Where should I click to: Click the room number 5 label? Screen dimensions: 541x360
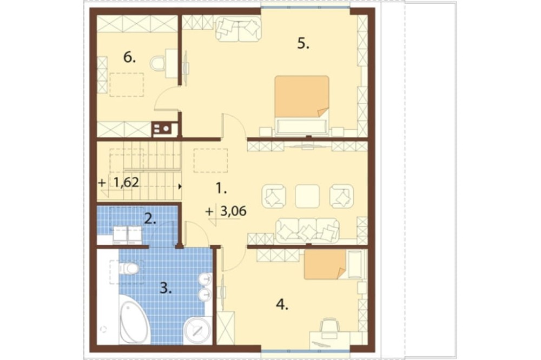303,44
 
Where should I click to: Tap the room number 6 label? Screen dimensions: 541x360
129,58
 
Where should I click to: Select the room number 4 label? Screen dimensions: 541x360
282,304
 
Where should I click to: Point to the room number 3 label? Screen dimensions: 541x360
166,288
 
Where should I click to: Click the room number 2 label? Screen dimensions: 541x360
150,218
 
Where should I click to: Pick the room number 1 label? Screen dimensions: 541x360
221,188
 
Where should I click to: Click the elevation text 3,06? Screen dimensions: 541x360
233,211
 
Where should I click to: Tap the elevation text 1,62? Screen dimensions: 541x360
126,182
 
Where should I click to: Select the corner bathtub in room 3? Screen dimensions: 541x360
135,322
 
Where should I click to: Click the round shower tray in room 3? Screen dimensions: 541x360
197,330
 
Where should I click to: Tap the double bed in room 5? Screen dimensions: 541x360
302,105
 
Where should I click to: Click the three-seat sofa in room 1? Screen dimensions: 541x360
307,229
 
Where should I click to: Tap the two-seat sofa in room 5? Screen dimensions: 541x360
238,29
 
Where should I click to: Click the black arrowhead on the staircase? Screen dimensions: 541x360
180,187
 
